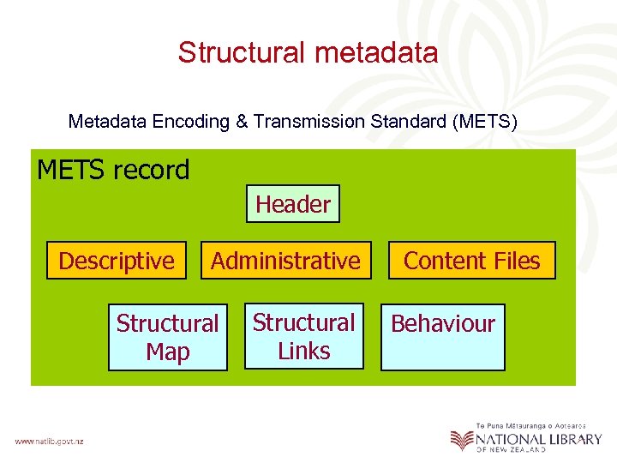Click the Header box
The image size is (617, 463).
pyautogui.click(x=293, y=204)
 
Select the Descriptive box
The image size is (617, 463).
pyautogui.click(x=117, y=261)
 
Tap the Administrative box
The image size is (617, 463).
pyautogui.click(x=286, y=261)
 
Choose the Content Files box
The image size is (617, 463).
pyautogui.click(x=472, y=261)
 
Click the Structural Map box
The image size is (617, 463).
pyautogui.click(x=168, y=337)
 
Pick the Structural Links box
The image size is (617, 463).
pyautogui.click(x=303, y=336)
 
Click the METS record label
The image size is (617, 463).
pyautogui.click(x=113, y=170)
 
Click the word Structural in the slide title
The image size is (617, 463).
pyautogui.click(x=243, y=53)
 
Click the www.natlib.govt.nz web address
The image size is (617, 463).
pyautogui.click(x=49, y=442)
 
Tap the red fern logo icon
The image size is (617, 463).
pyautogui.click(x=462, y=440)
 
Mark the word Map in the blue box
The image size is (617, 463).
pyautogui.click(x=168, y=352)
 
